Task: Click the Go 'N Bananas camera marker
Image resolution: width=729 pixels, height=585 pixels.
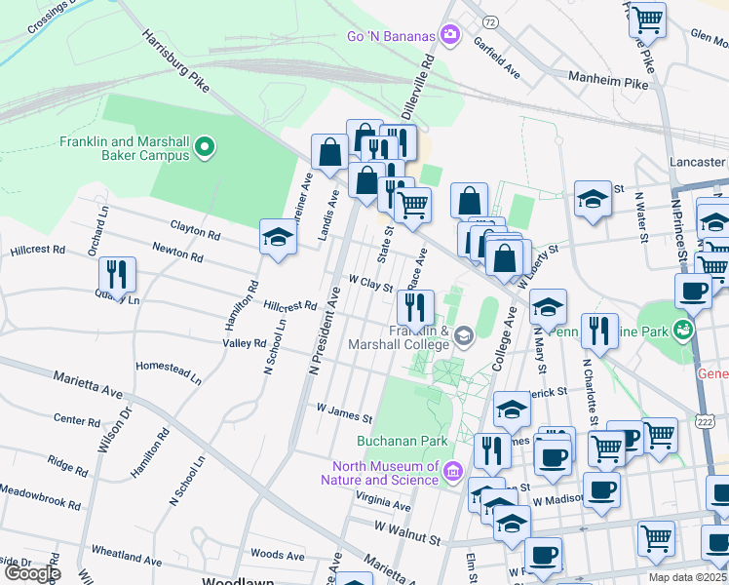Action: coord(449,36)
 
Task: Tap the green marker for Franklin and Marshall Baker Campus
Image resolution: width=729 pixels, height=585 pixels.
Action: coord(205,148)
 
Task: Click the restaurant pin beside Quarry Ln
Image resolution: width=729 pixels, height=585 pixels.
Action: coord(116,274)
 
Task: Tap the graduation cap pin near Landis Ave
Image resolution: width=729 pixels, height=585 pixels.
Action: coord(278,238)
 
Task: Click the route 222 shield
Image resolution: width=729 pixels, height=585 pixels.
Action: coord(706,419)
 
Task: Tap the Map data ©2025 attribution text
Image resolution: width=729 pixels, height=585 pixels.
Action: coord(687,577)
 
